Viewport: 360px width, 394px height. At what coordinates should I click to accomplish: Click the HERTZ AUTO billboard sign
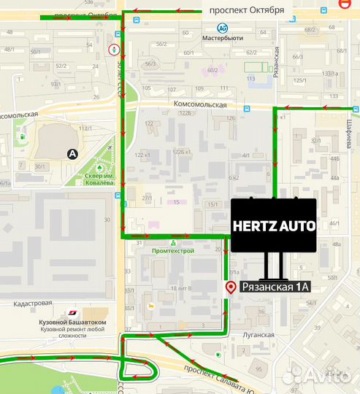click(x=274, y=225)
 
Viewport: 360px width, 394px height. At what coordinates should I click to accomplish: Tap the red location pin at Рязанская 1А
click(x=231, y=287)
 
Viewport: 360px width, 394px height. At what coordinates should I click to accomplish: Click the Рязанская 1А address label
click(x=275, y=287)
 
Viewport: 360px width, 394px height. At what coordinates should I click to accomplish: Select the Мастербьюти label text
click(x=221, y=39)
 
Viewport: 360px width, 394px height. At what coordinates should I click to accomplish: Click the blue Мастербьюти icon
click(x=221, y=28)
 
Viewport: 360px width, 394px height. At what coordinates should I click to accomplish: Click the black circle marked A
click(x=72, y=154)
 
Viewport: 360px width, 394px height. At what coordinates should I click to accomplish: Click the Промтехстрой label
click(x=172, y=251)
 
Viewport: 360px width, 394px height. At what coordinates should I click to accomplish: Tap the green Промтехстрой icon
click(x=172, y=242)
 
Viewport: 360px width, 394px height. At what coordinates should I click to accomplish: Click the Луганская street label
click(x=258, y=335)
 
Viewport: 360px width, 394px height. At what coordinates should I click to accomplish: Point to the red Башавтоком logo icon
click(x=72, y=313)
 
